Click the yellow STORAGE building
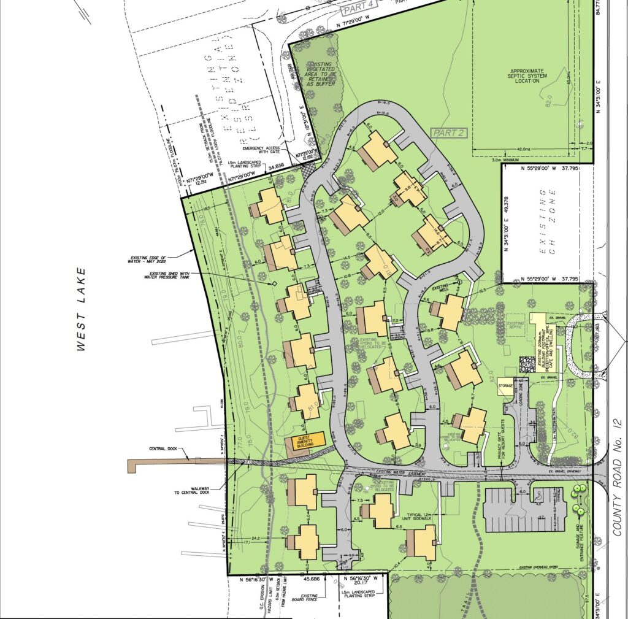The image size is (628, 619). coord(505,386)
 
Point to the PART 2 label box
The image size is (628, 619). coord(447,133)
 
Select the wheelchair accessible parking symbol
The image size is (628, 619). coord(535,493)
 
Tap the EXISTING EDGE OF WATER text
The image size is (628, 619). coord(149,259)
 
